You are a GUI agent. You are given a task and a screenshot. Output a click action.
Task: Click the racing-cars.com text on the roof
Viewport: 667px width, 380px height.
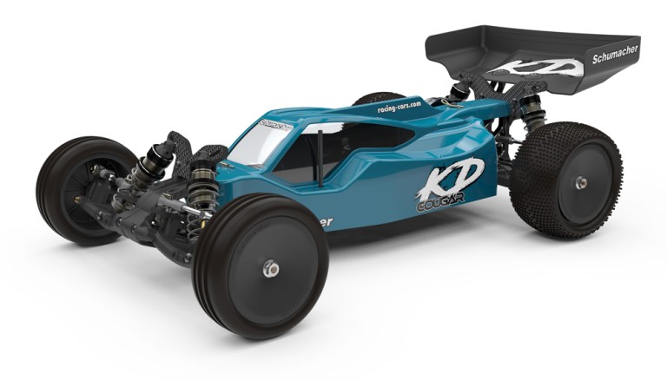pyautogui.click(x=399, y=106)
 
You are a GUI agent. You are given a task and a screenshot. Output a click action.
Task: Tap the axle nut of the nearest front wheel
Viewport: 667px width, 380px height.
pyautogui.click(x=271, y=270)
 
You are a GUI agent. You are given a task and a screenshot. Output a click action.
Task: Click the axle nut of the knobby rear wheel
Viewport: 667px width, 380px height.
pyautogui.click(x=580, y=183)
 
